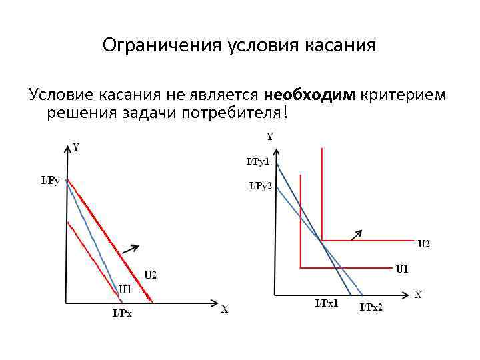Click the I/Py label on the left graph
pyautogui.click(x=51, y=180)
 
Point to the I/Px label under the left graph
pyautogui.click(x=122, y=313)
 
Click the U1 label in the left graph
pyautogui.click(x=125, y=289)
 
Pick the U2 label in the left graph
pyautogui.click(x=151, y=274)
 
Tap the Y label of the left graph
pyautogui.click(x=76, y=147)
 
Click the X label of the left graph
pyautogui.click(x=225, y=309)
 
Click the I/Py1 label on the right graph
pyautogui.click(x=258, y=161)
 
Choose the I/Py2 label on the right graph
pyautogui.click(x=260, y=186)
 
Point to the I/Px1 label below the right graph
pyautogui.click(x=327, y=303)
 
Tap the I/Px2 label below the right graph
pyautogui.click(x=371, y=307)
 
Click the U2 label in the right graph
pyautogui.click(x=424, y=244)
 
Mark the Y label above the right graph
pyautogui.click(x=270, y=137)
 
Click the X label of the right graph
pyautogui.click(x=418, y=294)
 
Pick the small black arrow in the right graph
pyautogui.click(x=357, y=233)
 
